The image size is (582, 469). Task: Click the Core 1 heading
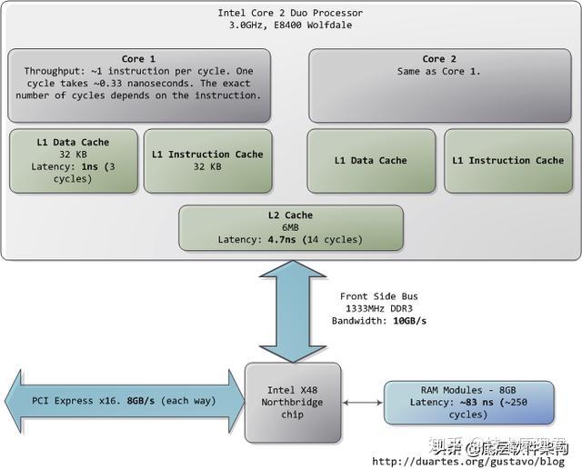point(139,59)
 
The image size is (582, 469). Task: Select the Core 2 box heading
point(439,59)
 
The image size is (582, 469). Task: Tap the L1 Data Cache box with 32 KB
point(74,161)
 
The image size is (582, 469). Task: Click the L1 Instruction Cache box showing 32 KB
point(207,161)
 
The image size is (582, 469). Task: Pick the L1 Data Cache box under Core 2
point(370,161)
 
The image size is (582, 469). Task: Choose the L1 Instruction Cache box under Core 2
point(507,161)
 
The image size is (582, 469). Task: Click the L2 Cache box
point(290,227)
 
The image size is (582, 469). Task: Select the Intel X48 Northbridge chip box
point(290,403)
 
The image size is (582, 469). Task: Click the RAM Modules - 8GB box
point(467,403)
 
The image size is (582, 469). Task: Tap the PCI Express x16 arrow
point(123,400)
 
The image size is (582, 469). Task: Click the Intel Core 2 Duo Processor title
point(290,13)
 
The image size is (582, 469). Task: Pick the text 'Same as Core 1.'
point(439,71)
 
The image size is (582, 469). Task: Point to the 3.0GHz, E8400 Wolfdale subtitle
point(290,25)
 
